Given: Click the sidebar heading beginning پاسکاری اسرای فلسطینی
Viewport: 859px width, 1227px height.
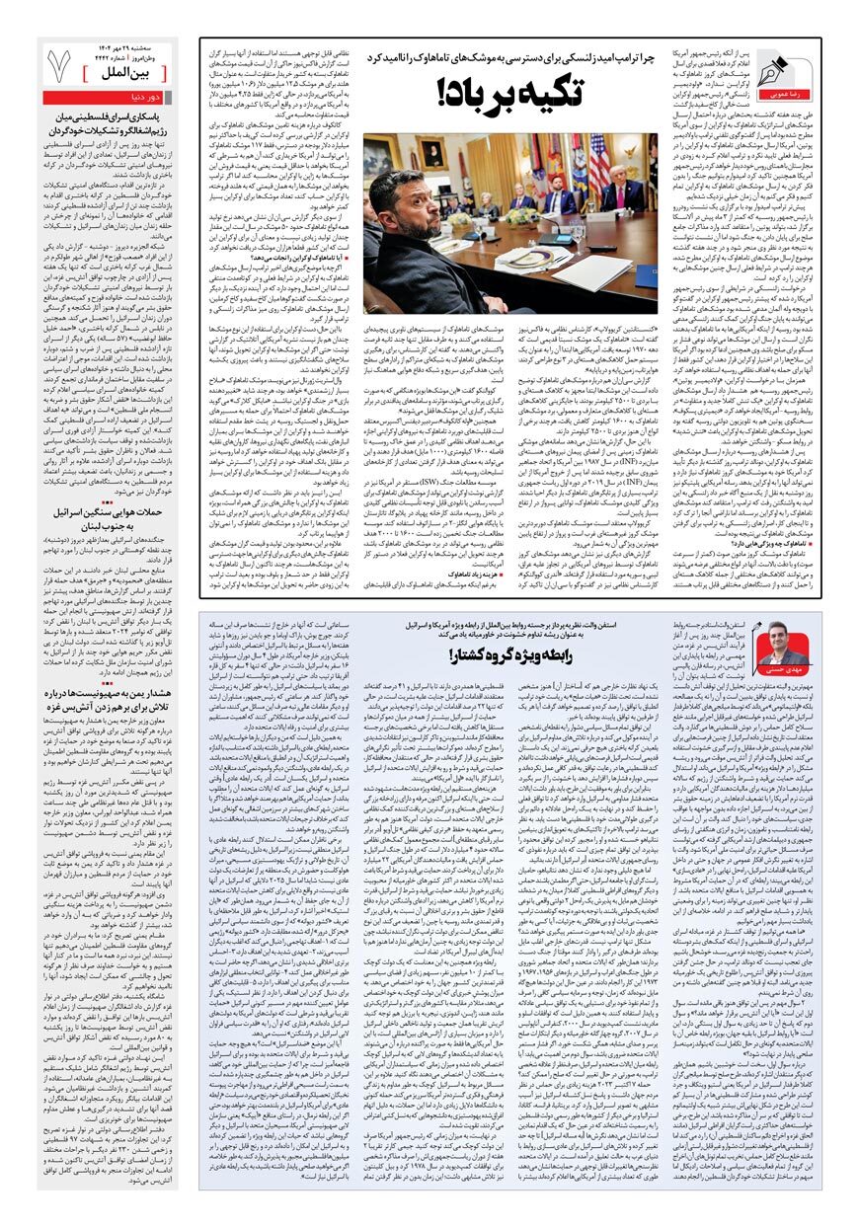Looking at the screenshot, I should [x=109, y=122].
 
